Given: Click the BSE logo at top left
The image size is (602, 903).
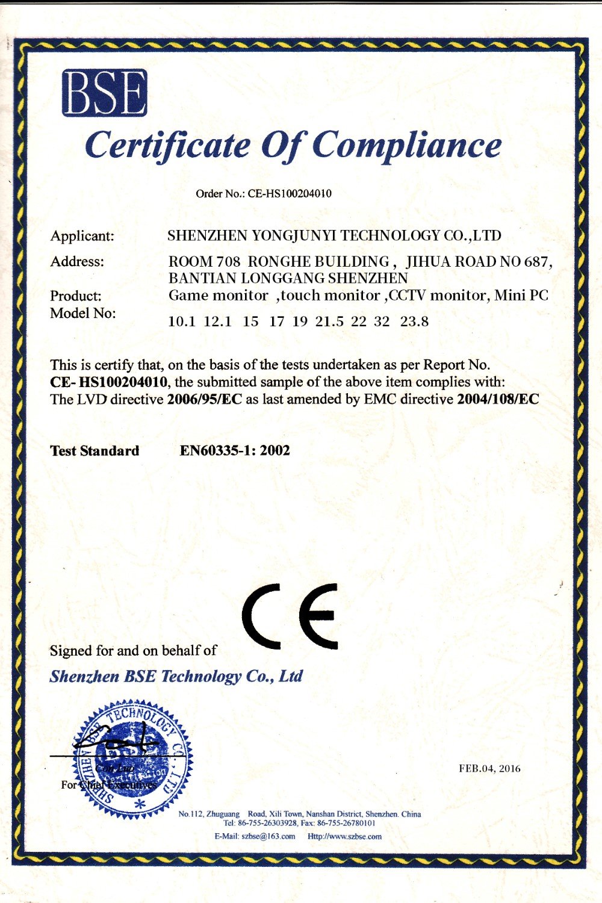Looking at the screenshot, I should [105, 93].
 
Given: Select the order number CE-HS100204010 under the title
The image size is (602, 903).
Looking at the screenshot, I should [290, 194].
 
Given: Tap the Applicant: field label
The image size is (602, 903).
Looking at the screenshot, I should [82, 236].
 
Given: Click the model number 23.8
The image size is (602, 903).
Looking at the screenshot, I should [414, 321].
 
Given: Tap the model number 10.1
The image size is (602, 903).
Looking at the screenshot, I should [182, 321].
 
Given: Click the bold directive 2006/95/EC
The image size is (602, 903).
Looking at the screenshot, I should [205, 399].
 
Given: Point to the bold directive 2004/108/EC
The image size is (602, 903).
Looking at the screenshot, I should [498, 399].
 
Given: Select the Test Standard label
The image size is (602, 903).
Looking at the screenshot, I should [95, 451].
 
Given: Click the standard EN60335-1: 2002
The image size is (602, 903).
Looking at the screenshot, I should [235, 451].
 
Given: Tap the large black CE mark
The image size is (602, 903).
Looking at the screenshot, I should [290, 615].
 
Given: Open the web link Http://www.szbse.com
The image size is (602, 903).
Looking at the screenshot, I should [344, 836].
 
